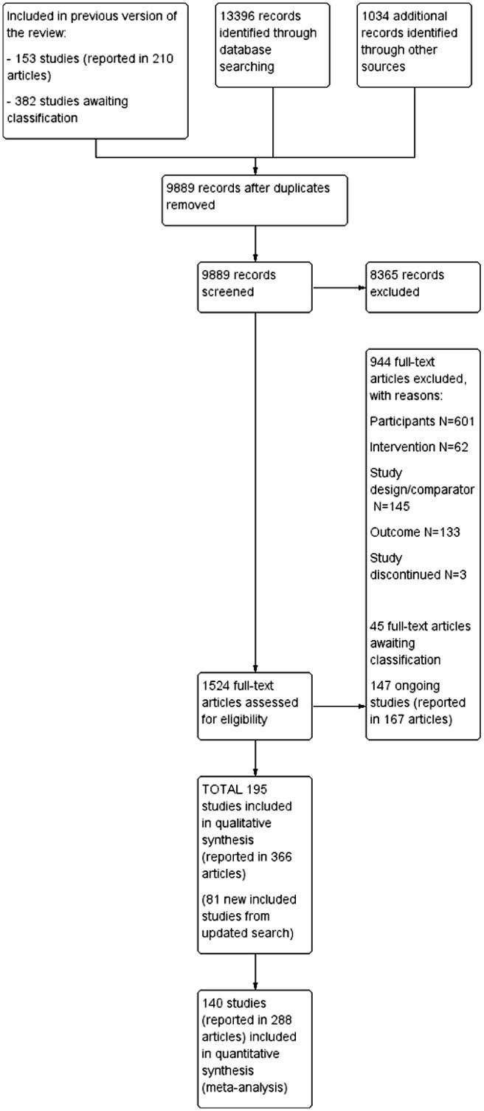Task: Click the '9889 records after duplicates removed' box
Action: [255, 196]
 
